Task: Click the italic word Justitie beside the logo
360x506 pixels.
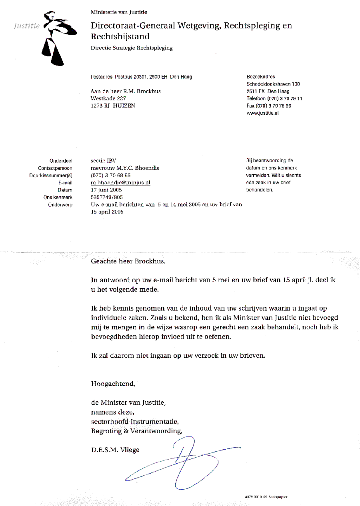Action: click(27, 26)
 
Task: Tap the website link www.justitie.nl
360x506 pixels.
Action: click(262, 113)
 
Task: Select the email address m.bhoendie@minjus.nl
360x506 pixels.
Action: click(120, 183)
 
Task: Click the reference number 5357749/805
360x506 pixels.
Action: click(107, 197)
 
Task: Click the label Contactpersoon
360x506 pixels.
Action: click(55, 168)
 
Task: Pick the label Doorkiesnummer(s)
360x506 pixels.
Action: click(51, 175)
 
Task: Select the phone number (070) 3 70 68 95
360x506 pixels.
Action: click(110, 175)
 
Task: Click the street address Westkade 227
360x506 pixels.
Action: click(108, 99)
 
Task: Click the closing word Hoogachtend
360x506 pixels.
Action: click(113, 384)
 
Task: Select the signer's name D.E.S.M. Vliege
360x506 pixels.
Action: click(115, 450)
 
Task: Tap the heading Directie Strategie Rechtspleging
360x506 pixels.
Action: click(132, 48)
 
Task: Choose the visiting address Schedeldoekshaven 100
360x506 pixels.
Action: click(273, 84)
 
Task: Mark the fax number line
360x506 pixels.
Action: click(269, 106)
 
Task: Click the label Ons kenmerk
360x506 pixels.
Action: click(58, 197)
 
